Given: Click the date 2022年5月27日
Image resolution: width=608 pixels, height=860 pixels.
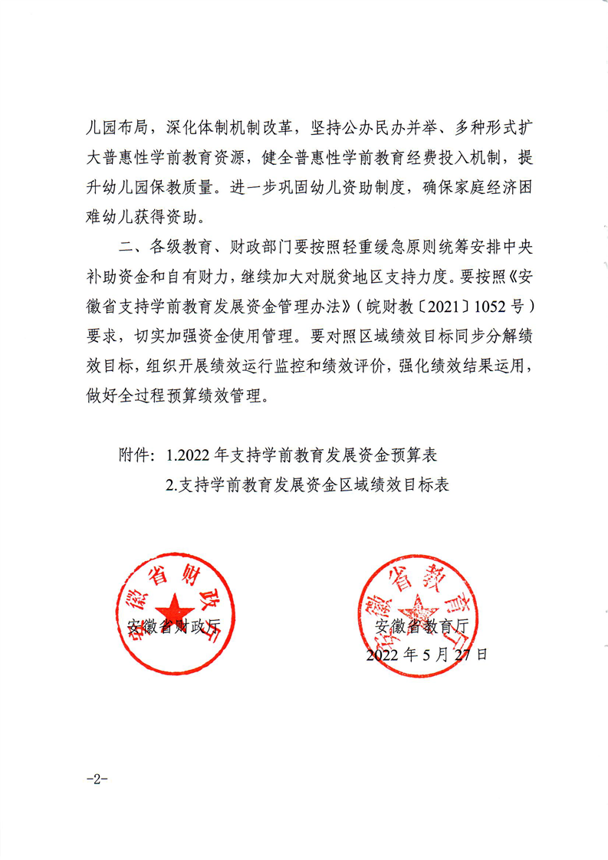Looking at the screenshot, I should pyautogui.click(x=426, y=655).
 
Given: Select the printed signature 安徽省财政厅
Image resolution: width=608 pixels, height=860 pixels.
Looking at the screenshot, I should pyautogui.click(x=174, y=626).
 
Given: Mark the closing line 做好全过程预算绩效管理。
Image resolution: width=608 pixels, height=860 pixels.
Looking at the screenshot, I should pyautogui.click(x=176, y=398).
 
